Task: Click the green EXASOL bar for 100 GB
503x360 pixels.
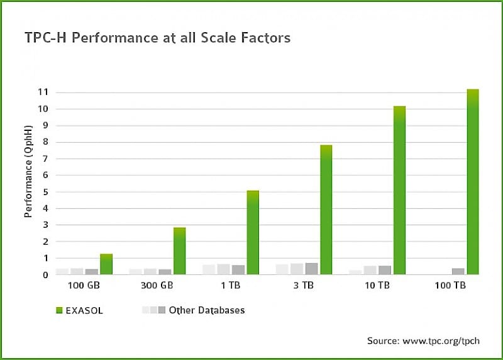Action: coord(106,264)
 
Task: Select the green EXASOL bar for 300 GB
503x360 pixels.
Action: coord(179,251)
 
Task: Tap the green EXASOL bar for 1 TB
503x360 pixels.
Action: coord(252,233)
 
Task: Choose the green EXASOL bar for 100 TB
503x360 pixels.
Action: coord(472,183)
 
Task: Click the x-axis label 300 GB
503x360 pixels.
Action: coord(153,285)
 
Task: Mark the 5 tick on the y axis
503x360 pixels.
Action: coord(45,192)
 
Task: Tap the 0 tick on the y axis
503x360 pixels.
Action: coord(45,275)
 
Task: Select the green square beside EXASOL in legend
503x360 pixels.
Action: coord(60,310)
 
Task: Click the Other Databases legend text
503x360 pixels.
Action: coord(206,310)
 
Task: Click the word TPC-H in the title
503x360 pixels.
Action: coord(45,38)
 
